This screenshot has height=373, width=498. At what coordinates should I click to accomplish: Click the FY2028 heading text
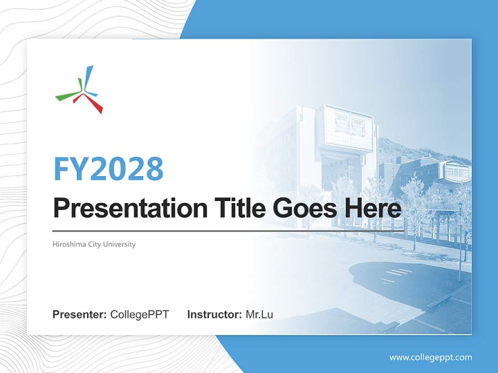(108, 168)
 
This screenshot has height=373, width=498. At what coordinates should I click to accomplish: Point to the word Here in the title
(372, 208)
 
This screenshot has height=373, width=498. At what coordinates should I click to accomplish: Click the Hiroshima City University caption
(94, 244)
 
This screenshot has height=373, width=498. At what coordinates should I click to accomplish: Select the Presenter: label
(80, 314)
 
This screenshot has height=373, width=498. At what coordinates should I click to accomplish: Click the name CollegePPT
(140, 314)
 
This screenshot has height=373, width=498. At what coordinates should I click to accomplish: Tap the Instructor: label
(214, 314)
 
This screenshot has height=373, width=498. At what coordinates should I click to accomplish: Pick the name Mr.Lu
(259, 314)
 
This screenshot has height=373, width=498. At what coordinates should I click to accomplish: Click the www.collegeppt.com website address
(431, 357)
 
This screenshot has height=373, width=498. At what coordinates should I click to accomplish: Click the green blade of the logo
(68, 94)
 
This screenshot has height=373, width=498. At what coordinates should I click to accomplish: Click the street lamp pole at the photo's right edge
(460, 238)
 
